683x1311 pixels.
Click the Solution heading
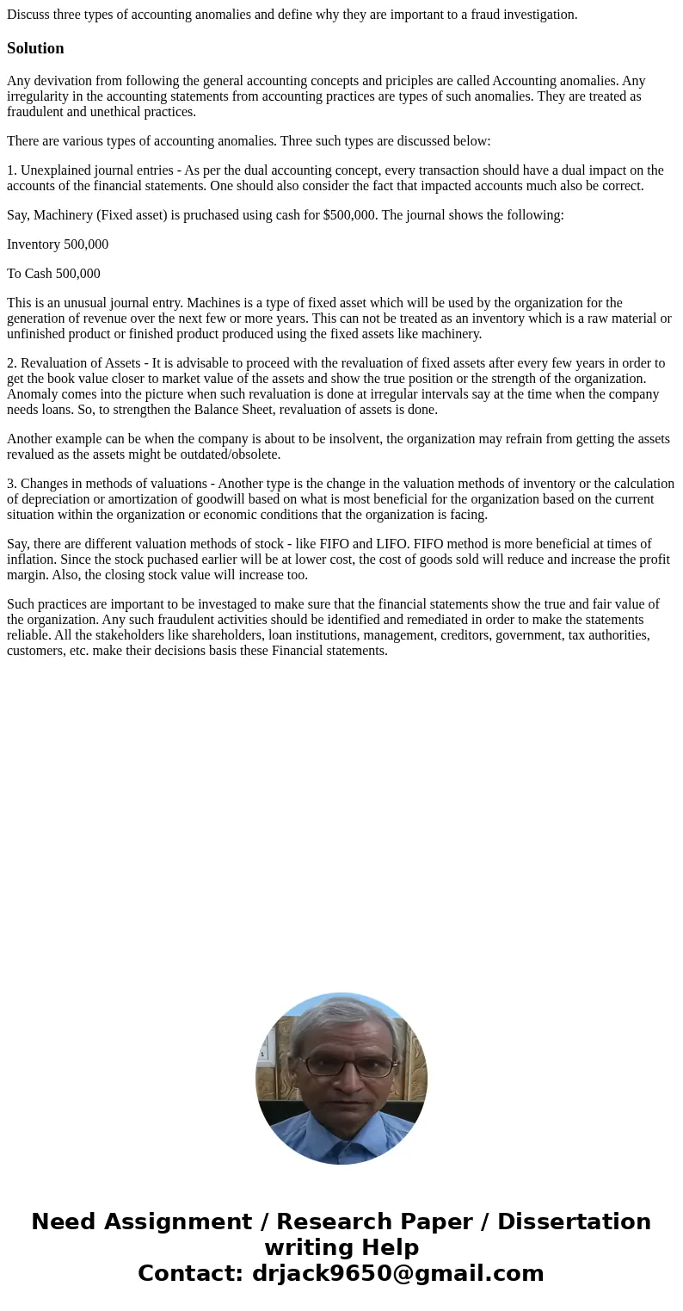(x=35, y=48)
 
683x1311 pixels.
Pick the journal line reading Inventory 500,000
(x=58, y=244)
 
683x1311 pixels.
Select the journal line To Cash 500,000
(x=53, y=274)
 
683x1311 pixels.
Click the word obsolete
(x=255, y=455)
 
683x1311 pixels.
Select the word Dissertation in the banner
(x=574, y=1222)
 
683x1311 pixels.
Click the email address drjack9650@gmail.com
(x=397, y=1274)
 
